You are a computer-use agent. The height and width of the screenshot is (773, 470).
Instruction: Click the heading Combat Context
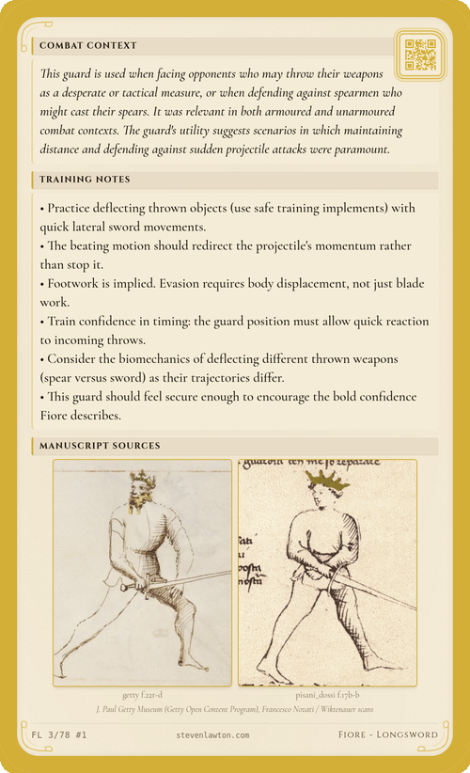[x=88, y=45]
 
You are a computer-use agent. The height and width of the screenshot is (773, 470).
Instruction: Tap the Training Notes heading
[x=85, y=179]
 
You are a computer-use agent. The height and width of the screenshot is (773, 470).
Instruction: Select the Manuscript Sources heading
[x=100, y=445]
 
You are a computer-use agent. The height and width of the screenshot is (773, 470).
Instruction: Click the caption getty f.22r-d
[x=142, y=696]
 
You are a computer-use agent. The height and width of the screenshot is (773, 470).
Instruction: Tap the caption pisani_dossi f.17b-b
[x=327, y=696]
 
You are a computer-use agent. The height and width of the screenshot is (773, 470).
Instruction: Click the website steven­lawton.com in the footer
[x=212, y=734]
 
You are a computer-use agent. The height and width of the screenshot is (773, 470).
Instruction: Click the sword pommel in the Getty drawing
[x=124, y=589]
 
